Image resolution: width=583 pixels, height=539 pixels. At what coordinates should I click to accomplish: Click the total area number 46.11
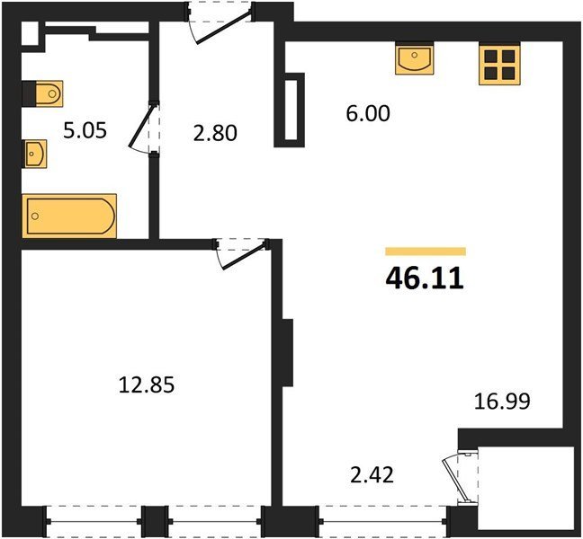(x=425, y=278)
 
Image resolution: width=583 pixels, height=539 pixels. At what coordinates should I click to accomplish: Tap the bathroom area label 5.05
(x=85, y=130)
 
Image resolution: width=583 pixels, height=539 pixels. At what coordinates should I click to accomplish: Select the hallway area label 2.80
(x=215, y=133)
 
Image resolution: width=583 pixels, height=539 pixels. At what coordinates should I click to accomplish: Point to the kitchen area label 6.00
(x=368, y=113)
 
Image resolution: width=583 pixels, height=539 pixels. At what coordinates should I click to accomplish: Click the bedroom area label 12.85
(x=147, y=384)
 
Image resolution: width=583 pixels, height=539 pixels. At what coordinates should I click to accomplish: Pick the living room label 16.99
(x=502, y=402)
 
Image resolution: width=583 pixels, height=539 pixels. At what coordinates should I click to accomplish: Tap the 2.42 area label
(x=372, y=475)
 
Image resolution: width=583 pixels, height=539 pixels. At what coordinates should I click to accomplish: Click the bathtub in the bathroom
(x=69, y=216)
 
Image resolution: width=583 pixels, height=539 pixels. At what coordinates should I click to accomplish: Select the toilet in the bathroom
(x=49, y=93)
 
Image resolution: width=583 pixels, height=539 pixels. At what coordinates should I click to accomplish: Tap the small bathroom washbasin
(x=35, y=154)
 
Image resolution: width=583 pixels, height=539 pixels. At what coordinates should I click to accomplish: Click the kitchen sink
(x=415, y=59)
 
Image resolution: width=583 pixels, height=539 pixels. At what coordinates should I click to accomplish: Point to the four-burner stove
(x=499, y=65)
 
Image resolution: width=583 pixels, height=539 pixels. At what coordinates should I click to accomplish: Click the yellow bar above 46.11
(x=426, y=252)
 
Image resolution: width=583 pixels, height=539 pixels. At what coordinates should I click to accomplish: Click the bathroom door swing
(x=143, y=128)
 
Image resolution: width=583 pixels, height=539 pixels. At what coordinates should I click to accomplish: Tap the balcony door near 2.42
(x=455, y=482)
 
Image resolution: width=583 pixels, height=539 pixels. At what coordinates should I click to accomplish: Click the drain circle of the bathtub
(x=35, y=216)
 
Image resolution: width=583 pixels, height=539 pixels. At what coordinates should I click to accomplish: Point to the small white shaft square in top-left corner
(x=30, y=34)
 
